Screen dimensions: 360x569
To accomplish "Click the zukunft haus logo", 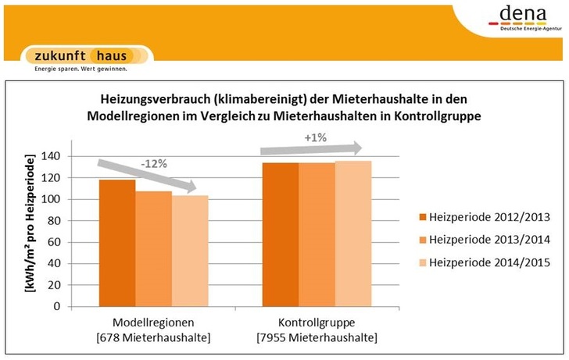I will pos(86,56).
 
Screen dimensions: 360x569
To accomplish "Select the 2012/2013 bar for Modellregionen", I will pos(117,242).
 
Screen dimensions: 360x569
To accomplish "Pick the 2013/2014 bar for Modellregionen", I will pos(154,248).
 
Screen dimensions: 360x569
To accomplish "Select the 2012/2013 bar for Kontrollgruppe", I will pos(280,234).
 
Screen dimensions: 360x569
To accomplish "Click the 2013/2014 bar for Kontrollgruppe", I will pos(317,234).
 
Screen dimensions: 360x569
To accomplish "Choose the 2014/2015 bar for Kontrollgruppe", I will pos(353,233).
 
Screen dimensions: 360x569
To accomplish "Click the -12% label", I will pos(152,166).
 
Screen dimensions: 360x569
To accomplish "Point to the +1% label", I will pos(317,139).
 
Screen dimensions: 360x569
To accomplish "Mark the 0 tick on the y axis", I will pos(57,306).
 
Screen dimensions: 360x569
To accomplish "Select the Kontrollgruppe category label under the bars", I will pos(316,322).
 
